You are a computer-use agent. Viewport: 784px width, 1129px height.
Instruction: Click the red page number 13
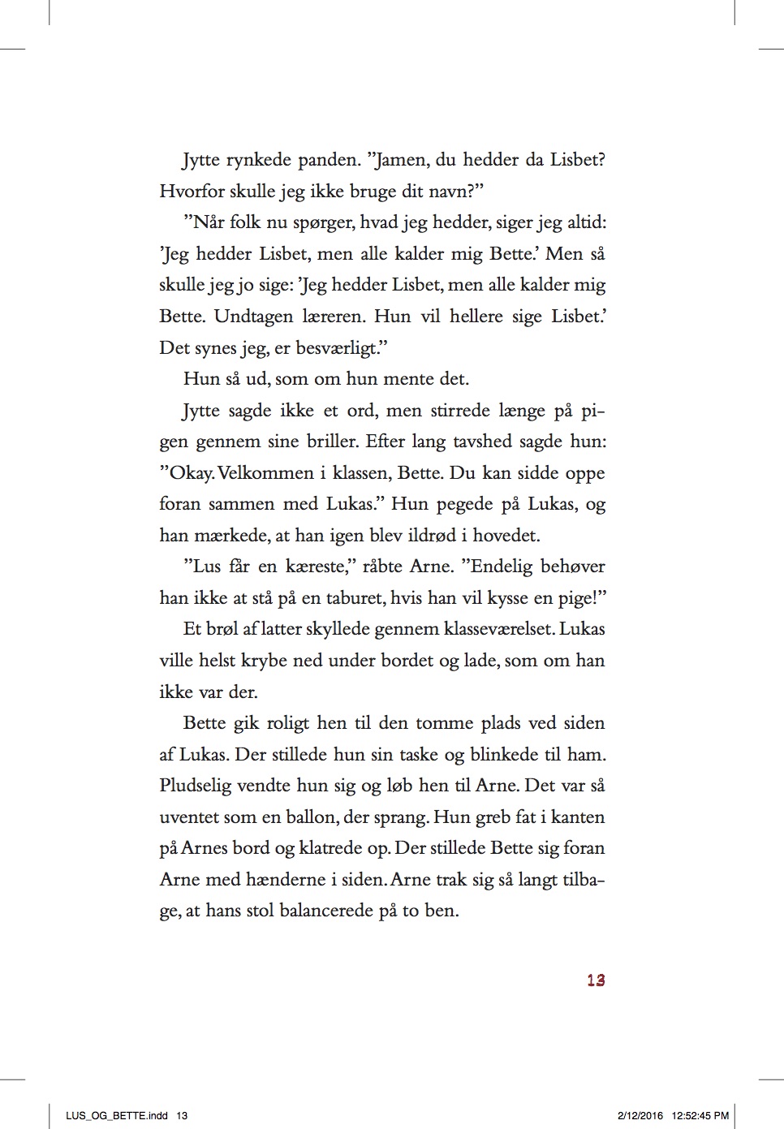click(596, 980)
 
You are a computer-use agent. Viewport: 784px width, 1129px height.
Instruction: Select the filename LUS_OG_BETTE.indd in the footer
click(117, 1115)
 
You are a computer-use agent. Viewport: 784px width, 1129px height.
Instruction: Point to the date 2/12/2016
click(640, 1115)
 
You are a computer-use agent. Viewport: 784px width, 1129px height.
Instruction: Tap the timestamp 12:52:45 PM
click(700, 1115)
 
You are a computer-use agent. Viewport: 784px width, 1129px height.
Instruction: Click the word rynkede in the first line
click(258, 160)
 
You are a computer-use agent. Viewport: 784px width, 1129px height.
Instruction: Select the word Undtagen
click(253, 317)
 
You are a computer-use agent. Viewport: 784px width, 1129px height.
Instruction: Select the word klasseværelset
click(498, 629)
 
